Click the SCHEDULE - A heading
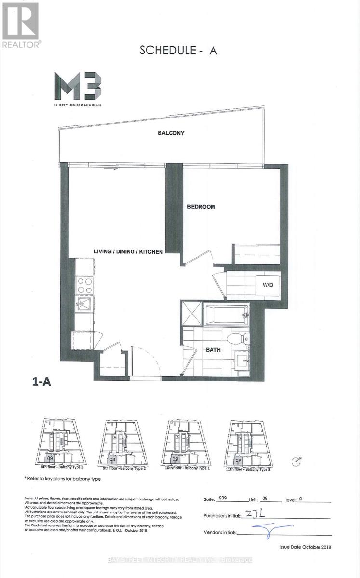[178, 50]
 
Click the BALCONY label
[171, 133]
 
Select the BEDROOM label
[201, 207]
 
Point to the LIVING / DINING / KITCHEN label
[128, 251]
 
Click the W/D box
[268, 285]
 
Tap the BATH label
[213, 350]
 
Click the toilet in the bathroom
[239, 338]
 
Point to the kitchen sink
[85, 304]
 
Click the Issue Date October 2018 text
[305, 547]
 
